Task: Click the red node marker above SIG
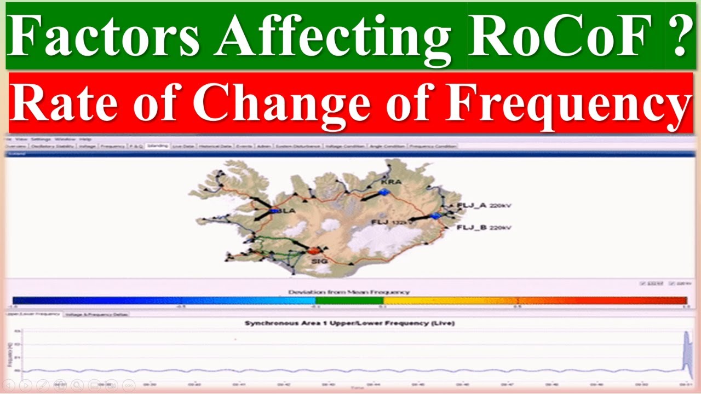pyautogui.click(x=314, y=250)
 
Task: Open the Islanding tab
pyautogui.click(x=157, y=146)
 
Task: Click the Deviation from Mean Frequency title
pyautogui.click(x=349, y=292)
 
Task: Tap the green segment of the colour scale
pyautogui.click(x=349, y=300)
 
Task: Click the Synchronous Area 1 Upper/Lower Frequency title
pyautogui.click(x=349, y=323)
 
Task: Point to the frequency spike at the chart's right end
pyautogui.click(x=686, y=350)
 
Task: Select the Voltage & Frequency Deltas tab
pyautogui.click(x=96, y=315)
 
